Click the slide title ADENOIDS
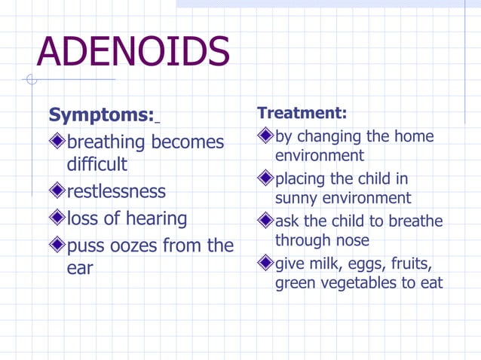point(133,51)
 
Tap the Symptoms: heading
point(101,115)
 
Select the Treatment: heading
point(302,113)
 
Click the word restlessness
point(116,191)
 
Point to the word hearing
point(157,219)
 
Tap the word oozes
point(136,246)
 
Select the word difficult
point(97,163)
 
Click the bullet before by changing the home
point(265,136)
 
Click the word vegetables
point(366,283)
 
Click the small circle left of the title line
point(31,79)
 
